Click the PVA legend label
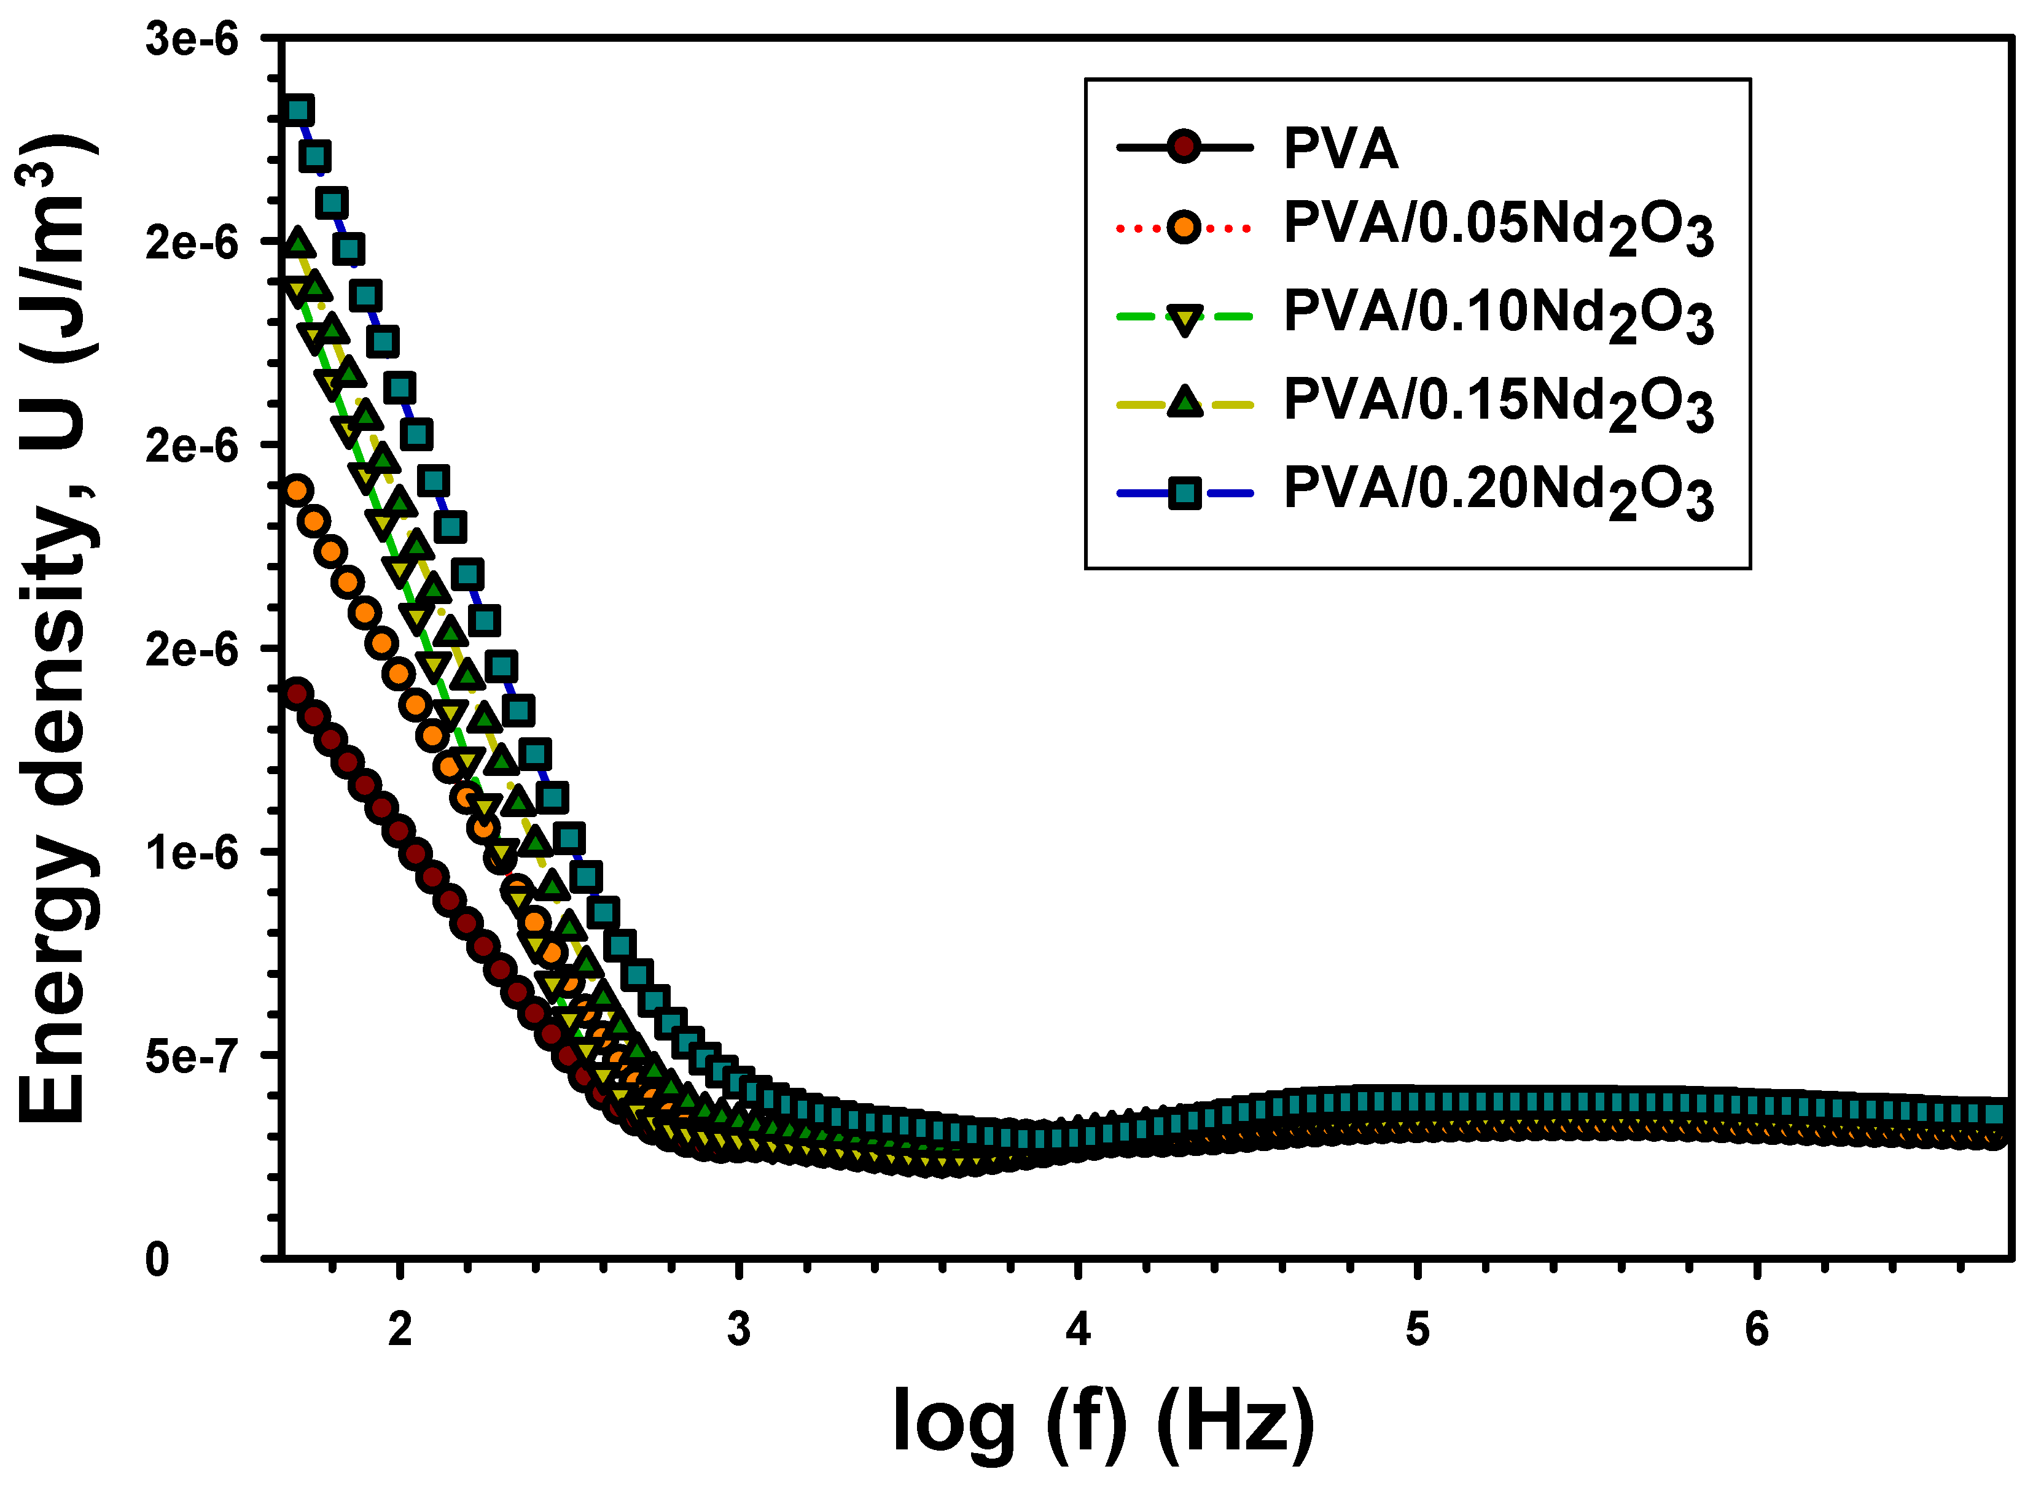coord(1340,149)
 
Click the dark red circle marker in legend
coord(1184,147)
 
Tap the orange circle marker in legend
coord(1184,227)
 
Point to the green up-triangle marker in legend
coord(1184,403)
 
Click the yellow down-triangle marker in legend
coord(1184,318)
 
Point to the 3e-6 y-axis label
coord(192,41)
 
